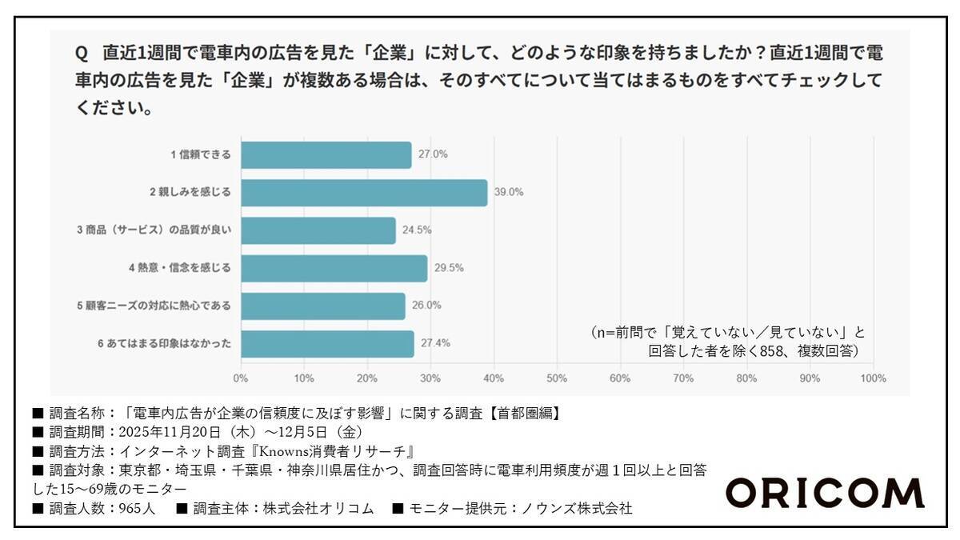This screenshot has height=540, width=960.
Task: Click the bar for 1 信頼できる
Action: pos(326,155)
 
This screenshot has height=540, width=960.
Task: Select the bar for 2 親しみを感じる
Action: pos(363,193)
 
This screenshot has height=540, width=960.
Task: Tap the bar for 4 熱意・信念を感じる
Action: pos(334,268)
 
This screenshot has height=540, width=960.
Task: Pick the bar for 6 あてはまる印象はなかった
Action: pos(327,343)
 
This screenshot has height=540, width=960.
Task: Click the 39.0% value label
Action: pos(508,193)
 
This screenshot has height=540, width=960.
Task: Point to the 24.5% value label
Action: pos(416,230)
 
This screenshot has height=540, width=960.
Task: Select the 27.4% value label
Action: pos(434,343)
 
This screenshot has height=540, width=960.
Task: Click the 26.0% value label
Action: pos(426,306)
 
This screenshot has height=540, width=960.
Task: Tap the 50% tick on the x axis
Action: pos(557,378)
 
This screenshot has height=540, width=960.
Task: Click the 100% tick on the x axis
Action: pos(873,378)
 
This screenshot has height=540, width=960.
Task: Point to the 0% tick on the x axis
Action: pos(240,378)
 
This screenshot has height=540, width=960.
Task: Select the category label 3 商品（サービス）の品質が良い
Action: pos(154,230)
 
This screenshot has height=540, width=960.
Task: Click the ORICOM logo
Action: pos(824,494)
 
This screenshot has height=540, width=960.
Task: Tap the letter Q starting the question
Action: pos(81,54)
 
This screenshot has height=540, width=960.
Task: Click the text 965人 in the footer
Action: pos(142,508)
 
